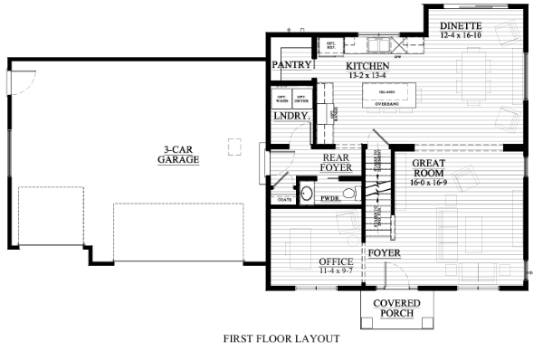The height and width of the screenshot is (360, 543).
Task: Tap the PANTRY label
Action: [x=292, y=66]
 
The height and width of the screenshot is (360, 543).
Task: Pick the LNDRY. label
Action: [x=291, y=116]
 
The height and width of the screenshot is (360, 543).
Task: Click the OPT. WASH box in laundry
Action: [x=281, y=97]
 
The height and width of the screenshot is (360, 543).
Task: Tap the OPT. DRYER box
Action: [x=301, y=97]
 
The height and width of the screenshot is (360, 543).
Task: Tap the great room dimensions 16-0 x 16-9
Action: [x=429, y=182]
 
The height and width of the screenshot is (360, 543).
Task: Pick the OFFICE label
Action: [x=336, y=261]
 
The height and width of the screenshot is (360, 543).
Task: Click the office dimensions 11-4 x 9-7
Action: [x=336, y=270]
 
